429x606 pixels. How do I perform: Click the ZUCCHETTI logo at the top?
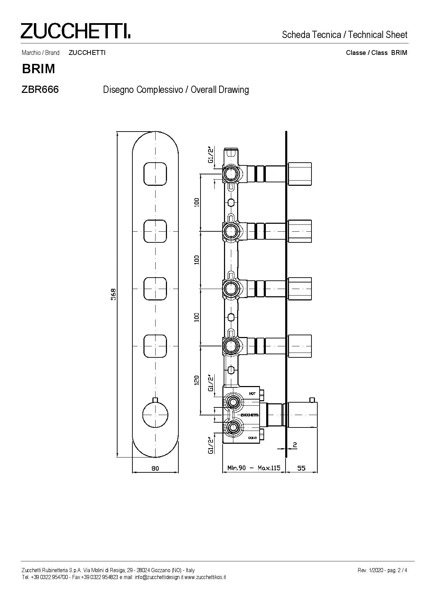[x=75, y=31]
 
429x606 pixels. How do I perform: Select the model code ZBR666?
[x=40, y=89]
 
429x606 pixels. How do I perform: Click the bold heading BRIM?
[x=38, y=69]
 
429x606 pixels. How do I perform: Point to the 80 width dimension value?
[x=155, y=468]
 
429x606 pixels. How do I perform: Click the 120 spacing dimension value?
[x=197, y=380]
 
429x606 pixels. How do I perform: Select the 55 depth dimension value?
[x=301, y=468]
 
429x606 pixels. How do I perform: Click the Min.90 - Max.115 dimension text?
[x=253, y=468]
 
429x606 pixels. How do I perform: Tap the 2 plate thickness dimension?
[x=295, y=445]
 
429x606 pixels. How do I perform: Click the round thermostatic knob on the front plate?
[x=155, y=413]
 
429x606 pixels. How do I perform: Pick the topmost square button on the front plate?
[x=155, y=173]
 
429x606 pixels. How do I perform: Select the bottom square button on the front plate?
[x=155, y=346]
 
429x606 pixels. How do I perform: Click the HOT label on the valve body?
[x=252, y=394]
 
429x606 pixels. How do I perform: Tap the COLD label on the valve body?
[x=252, y=438]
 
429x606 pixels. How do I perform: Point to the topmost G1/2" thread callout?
[x=210, y=155]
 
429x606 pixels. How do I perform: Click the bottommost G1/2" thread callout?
[x=210, y=445]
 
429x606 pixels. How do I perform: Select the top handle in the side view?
[x=300, y=173]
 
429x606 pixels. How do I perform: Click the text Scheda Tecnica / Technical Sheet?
[x=345, y=35]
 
